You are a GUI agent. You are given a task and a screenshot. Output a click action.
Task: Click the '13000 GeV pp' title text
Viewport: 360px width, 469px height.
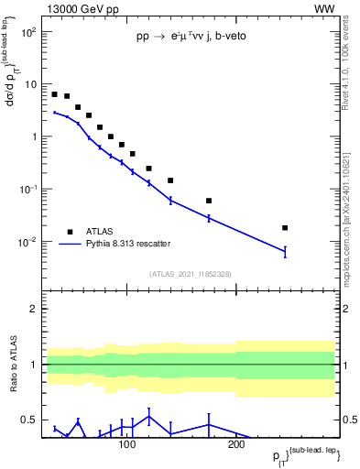(78, 8)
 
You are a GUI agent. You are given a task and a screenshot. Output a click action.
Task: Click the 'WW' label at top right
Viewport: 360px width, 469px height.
(324, 8)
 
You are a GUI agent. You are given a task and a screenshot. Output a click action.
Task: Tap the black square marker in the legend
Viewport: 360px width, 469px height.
(71, 231)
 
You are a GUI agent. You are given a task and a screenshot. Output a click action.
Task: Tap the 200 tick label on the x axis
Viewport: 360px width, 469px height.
(235, 444)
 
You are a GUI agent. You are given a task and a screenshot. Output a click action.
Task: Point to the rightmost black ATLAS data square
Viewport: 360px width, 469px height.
(285, 228)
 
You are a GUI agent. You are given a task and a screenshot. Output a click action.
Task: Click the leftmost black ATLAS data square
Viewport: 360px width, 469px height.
(55, 94)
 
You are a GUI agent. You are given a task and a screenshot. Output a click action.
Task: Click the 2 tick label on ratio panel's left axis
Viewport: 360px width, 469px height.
(33, 309)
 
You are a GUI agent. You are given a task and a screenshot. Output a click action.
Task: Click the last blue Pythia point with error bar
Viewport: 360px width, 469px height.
(285, 251)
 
